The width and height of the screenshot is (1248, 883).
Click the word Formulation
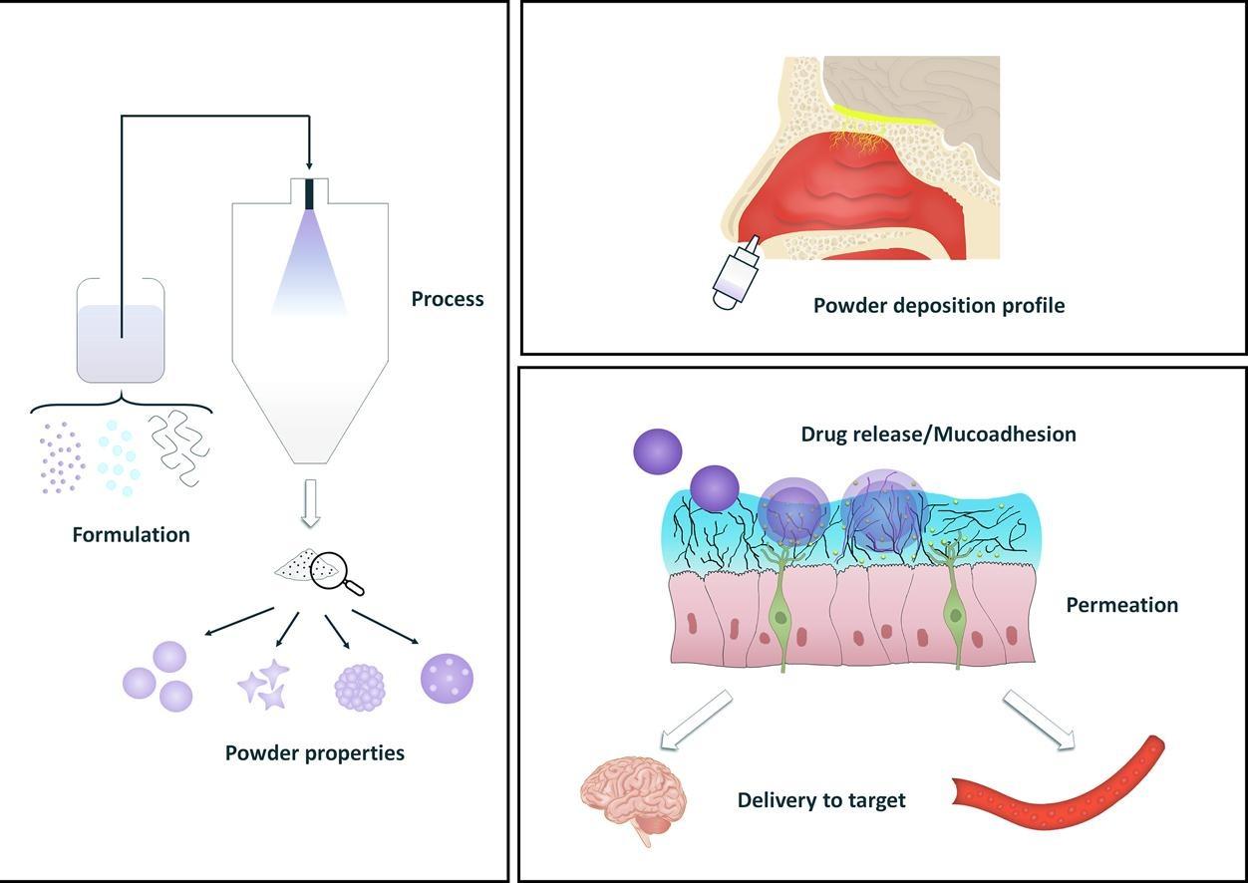coord(131,534)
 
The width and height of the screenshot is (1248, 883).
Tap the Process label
coord(448,299)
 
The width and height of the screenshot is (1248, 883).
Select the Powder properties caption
coord(315,752)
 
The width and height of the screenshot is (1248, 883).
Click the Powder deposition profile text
coord(938,305)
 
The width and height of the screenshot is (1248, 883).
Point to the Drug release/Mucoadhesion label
coord(938,435)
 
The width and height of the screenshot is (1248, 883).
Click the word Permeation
coord(1121,605)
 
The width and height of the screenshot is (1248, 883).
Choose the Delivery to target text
coord(821,799)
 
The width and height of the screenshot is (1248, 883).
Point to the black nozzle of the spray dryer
coord(309,193)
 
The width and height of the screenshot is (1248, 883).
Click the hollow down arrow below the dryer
coord(310,503)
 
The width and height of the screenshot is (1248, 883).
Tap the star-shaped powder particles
coord(264,685)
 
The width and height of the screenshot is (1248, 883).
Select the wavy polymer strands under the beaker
coord(179,447)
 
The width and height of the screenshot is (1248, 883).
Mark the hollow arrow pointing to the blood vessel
coord(1039,718)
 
